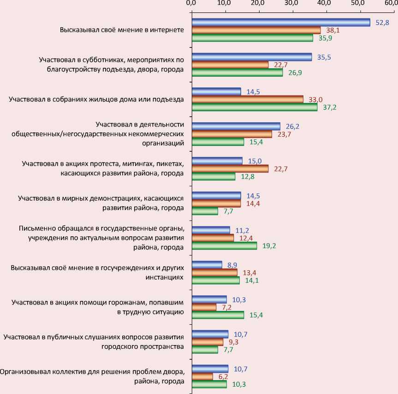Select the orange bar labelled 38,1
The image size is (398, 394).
pos(256,30)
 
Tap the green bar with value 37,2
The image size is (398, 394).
pos(254,107)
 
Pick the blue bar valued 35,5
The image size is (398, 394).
pos(251,57)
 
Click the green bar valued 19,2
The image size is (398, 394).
pos(224,245)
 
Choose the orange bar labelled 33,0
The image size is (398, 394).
pos(247,99)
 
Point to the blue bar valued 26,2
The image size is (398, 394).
pos(236,126)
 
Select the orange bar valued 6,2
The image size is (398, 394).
pos(202,376)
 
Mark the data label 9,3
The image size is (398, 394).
pos(234,342)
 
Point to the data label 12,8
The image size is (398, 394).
pos(248,177)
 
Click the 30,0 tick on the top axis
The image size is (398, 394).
pos(291,4)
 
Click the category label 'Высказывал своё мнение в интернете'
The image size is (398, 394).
pos(122,30)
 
